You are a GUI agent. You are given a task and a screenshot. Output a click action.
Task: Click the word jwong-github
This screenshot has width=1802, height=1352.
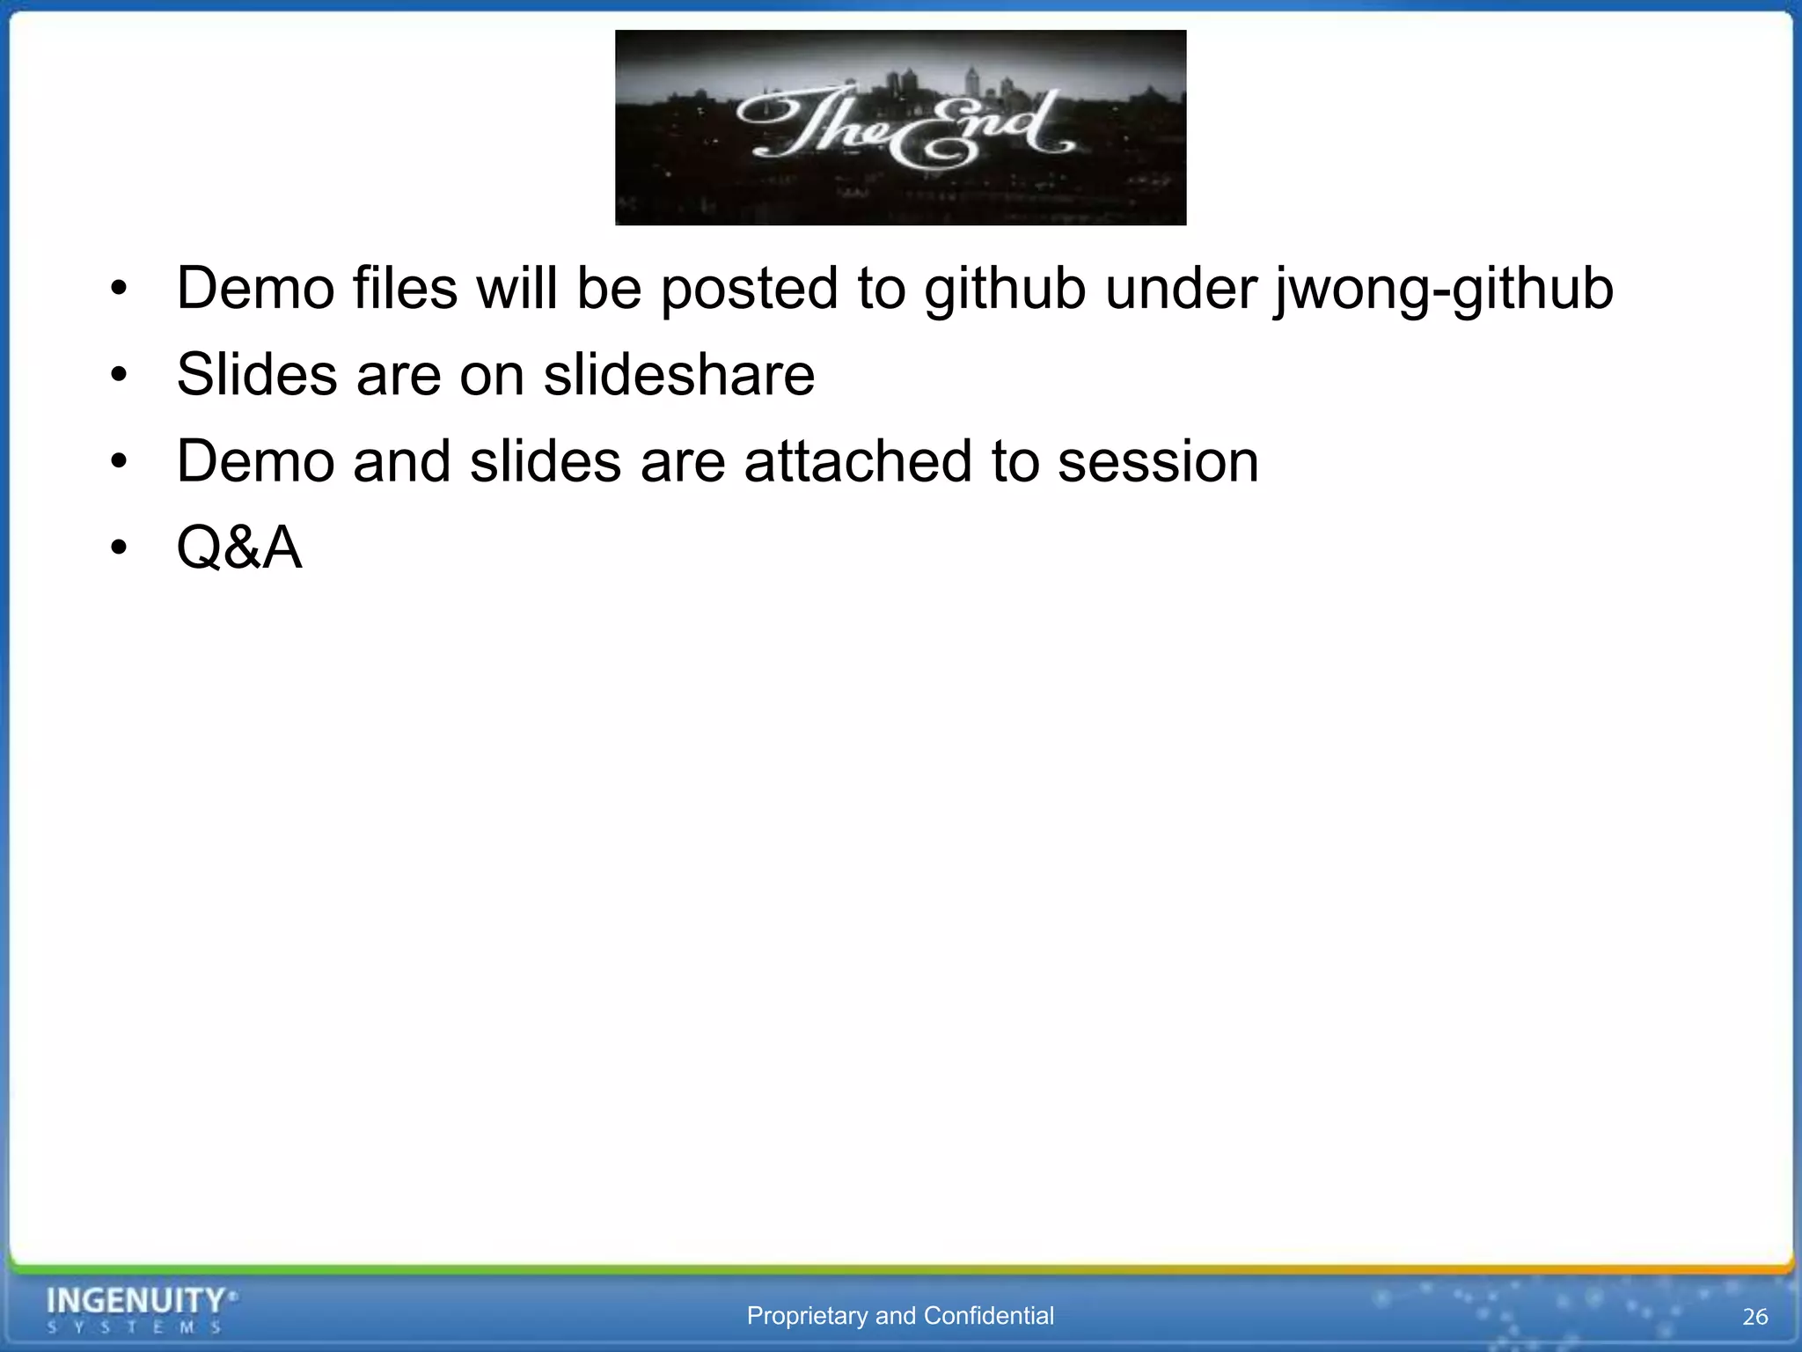click(1443, 290)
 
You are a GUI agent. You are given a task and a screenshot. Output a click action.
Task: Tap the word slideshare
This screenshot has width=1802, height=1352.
click(678, 375)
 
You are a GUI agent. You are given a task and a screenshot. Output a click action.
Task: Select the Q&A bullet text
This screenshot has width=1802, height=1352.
click(239, 547)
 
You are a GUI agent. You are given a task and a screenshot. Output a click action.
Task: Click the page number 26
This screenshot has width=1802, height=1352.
click(1754, 1317)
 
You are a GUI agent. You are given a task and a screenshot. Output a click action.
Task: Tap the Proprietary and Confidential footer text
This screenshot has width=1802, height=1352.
click(900, 1316)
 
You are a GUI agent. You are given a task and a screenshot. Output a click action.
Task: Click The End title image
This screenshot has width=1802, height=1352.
click(900, 128)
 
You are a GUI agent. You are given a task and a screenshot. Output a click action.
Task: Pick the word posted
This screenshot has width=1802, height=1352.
click(749, 290)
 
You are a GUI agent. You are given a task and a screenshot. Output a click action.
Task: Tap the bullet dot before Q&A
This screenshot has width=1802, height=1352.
click(120, 548)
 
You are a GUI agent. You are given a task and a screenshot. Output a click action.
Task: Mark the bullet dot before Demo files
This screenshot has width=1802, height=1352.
click(120, 290)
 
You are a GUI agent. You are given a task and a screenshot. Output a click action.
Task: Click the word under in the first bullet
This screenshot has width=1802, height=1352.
click(1181, 289)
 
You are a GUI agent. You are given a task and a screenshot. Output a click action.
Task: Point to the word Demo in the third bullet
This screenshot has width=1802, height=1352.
click(255, 462)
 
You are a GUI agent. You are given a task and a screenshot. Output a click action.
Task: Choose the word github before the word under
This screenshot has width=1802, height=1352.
click(1005, 290)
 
